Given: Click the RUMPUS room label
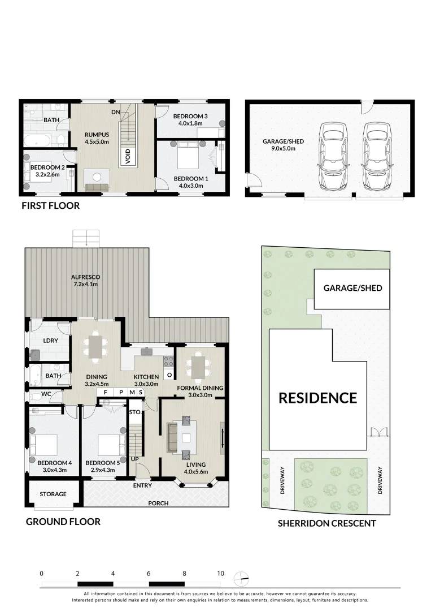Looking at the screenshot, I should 97,135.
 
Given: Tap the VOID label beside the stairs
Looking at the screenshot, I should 128,155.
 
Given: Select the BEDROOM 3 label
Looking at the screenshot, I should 193,117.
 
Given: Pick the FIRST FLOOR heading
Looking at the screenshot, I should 50,206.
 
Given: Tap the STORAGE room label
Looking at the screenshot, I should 53,494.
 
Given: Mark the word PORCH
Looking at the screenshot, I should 158,503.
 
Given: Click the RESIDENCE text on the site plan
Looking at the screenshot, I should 317,398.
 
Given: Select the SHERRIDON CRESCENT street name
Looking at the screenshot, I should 326,523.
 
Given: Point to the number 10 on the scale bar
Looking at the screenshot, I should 220,573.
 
